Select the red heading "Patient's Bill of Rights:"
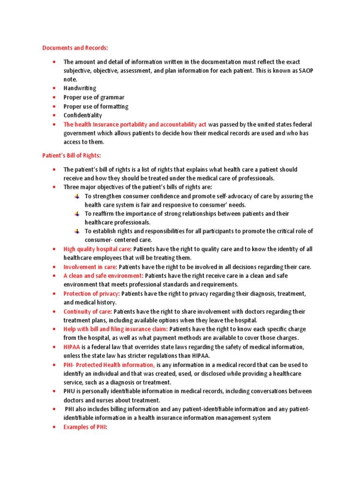coord(72,156)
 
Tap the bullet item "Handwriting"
coord(80,88)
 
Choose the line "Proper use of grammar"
coord(94,97)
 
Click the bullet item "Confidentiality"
coord(82,115)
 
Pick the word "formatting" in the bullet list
coord(114,106)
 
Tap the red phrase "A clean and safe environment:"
coord(103,276)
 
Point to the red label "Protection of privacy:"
coord(92,293)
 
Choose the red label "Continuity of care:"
coord(88,311)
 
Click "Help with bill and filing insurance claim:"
coord(116,329)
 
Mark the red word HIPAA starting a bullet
coord(72,347)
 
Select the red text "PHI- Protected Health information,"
coord(109,365)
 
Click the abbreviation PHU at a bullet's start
coord(70,391)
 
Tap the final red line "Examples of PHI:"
coord(85,427)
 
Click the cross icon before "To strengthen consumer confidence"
coord(77,196)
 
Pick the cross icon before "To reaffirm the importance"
coord(77,214)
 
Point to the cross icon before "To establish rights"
coord(77,231)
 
